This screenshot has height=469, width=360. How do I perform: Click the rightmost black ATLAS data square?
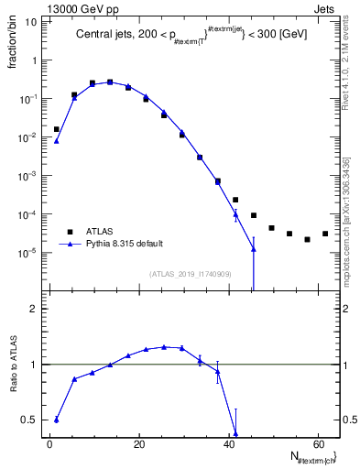(325, 234)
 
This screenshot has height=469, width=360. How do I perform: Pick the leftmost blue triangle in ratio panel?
(57, 420)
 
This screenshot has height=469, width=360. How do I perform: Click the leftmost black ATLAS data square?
(57, 129)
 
